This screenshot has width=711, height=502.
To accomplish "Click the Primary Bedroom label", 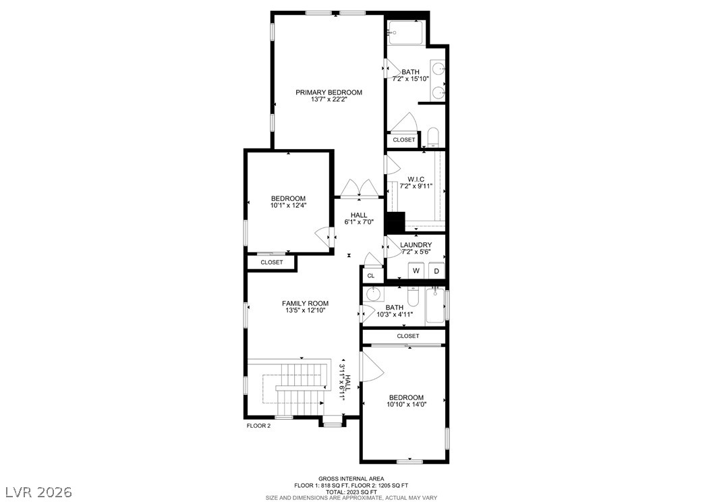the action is [x=329, y=92].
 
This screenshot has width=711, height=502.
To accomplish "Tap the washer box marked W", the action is [x=416, y=271].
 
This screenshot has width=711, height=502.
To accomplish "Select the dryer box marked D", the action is [x=436, y=271].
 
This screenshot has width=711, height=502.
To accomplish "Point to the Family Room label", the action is [x=305, y=304].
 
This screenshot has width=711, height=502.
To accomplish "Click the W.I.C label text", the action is [x=416, y=179].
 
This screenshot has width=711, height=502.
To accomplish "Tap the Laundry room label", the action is [x=416, y=245].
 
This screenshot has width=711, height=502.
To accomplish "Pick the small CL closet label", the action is [x=371, y=276].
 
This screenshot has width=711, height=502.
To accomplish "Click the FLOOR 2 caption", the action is [x=258, y=426].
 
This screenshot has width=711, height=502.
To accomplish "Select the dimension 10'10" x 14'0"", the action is [x=407, y=404].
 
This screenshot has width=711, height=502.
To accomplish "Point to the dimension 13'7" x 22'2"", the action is [x=329, y=99].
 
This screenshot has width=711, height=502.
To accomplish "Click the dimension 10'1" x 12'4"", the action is [x=289, y=205].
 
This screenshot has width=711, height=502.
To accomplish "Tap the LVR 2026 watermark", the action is [x=39, y=492].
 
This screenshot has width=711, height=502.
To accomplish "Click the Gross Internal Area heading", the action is [x=351, y=478].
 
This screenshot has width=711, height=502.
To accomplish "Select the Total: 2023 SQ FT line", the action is [x=351, y=492].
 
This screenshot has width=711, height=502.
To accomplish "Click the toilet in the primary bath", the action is [x=434, y=138].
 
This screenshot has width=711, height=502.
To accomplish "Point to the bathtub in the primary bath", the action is [x=406, y=32].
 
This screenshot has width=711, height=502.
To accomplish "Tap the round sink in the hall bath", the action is [x=373, y=294].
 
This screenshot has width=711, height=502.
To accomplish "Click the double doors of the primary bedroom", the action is [x=360, y=188].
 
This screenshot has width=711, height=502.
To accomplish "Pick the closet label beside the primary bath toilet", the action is [x=403, y=140].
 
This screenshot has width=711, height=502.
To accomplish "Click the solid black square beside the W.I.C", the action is [x=395, y=222].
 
